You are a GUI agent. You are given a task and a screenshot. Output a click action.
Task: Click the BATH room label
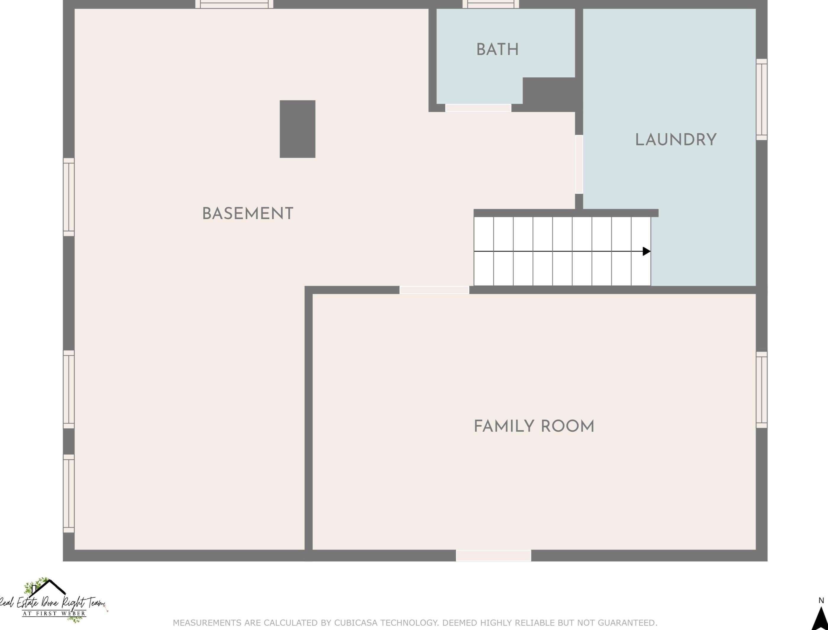497,49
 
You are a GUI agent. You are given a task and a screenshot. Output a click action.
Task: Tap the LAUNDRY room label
676,140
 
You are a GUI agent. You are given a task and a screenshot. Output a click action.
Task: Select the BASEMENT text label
248,214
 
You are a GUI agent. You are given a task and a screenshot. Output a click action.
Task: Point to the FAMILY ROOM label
534,426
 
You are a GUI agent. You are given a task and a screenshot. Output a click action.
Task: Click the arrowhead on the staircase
646,251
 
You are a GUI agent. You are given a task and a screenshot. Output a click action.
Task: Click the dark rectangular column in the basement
297,129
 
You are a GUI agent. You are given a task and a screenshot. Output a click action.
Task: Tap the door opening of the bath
478,108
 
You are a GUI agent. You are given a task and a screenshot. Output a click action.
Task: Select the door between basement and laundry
579,164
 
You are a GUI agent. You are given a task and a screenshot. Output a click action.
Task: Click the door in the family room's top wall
434,290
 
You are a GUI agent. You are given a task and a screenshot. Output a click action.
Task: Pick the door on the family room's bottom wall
494,555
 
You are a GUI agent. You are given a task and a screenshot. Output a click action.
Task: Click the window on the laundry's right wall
762,99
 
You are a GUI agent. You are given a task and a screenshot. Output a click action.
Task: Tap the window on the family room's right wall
762,390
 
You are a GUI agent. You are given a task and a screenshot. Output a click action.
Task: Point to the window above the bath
491,4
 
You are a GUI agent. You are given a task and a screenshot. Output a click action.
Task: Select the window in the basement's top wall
235,4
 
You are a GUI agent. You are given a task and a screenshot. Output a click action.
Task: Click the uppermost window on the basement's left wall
69,197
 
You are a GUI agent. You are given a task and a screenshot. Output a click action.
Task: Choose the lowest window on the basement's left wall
69,493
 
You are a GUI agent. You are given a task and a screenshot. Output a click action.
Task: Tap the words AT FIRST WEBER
54,613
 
